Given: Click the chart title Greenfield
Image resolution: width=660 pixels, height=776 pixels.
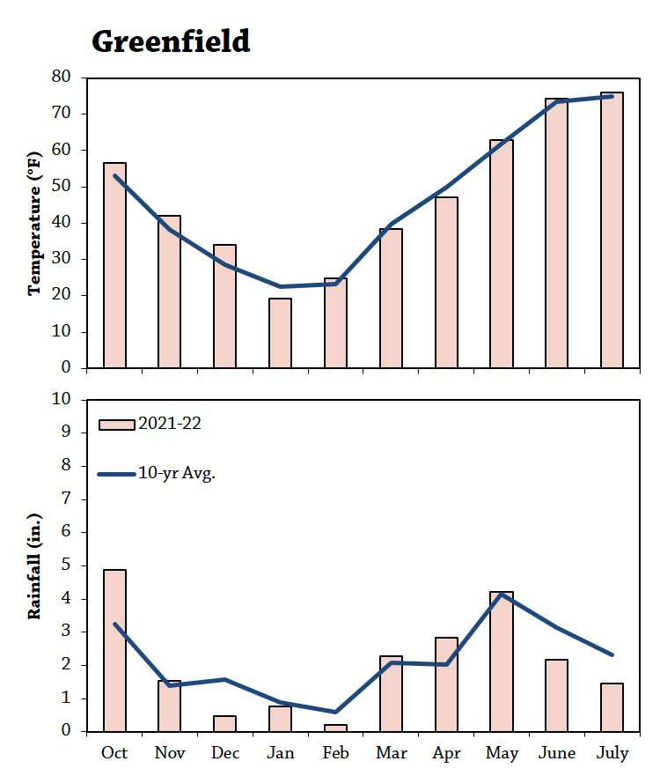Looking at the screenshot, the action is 171,41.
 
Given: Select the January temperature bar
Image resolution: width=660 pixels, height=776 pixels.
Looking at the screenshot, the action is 281,333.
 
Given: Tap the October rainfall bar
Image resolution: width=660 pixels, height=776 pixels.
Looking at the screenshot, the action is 114,650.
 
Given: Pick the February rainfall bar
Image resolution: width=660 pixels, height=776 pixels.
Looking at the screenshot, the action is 335,728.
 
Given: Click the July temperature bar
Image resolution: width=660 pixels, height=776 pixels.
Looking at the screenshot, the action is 612,230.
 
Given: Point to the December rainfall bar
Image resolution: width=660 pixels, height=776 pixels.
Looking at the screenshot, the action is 225,723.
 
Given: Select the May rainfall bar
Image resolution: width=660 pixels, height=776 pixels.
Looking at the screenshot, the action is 502,661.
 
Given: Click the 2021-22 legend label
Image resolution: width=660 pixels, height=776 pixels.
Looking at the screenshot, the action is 170,424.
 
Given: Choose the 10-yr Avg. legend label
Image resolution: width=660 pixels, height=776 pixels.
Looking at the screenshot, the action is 177,474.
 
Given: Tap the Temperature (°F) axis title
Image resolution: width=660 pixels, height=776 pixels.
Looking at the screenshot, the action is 34,224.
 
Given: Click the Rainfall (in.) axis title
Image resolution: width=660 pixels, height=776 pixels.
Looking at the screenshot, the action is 34,566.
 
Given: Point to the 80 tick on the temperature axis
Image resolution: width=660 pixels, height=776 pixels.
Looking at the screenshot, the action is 62,77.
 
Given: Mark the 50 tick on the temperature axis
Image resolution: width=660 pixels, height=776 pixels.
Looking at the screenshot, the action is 62,186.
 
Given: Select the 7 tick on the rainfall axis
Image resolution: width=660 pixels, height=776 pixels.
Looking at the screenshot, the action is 66,499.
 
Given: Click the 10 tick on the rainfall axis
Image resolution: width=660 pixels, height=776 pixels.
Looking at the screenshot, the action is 62,399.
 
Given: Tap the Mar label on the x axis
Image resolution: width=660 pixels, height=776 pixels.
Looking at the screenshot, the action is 391,753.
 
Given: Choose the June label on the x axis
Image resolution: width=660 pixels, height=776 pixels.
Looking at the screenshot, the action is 557,753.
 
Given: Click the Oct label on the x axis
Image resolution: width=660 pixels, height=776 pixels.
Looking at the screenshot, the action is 114,753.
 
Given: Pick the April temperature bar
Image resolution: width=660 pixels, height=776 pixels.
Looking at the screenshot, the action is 446,283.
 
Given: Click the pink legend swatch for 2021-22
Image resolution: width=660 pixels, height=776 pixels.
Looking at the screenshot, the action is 117,425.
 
